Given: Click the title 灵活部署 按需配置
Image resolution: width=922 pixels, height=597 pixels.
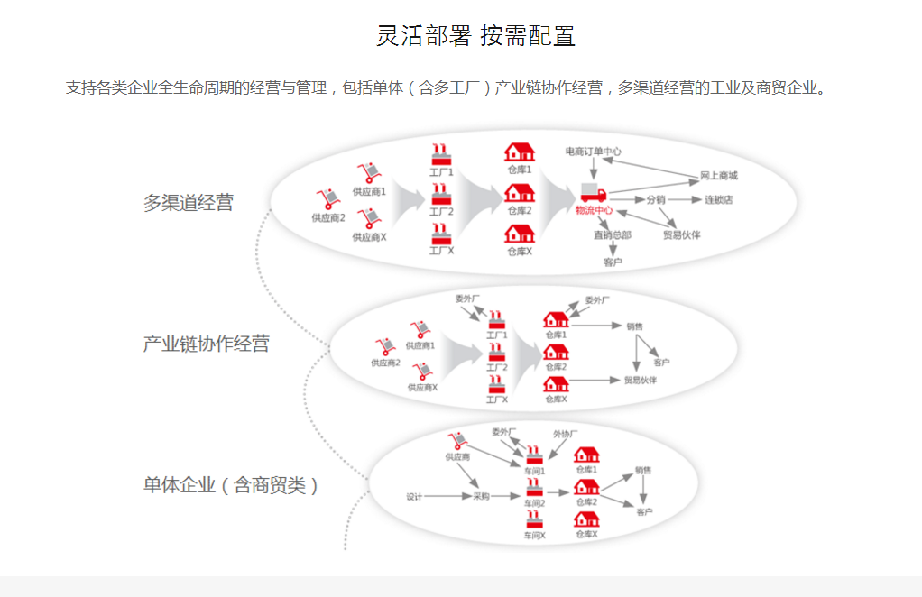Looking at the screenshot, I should tap(475, 36).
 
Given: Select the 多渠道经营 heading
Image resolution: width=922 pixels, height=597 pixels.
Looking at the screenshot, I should tap(188, 203).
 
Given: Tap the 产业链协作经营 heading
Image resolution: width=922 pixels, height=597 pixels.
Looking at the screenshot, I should tap(206, 344).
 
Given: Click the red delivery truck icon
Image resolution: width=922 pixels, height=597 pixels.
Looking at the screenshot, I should tap(593, 192).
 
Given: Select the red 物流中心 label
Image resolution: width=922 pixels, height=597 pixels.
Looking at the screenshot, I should tap(594, 210).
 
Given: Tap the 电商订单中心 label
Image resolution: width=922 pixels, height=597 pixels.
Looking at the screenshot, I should tap(593, 152).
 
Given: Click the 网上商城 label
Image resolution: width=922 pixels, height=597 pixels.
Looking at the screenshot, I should tap(719, 176).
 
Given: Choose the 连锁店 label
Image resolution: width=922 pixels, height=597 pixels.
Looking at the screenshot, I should tap(718, 199).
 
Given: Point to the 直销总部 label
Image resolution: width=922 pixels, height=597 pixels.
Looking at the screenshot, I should tap(612, 235).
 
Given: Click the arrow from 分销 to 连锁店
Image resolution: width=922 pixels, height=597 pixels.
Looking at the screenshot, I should tap(684, 199).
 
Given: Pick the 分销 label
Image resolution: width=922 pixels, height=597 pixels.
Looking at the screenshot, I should tap(656, 199).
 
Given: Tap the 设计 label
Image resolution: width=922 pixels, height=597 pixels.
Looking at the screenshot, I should tap(414, 497).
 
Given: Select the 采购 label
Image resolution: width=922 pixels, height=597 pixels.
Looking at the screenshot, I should tap(481, 497).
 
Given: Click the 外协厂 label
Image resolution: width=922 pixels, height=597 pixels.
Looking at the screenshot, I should tap(565, 434).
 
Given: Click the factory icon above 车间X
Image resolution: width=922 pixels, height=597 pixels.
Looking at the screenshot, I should tap(535, 519).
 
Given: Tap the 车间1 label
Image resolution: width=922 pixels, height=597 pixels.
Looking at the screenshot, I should tap(535, 471).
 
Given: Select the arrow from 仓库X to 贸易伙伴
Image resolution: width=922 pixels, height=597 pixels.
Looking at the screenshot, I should tap(595, 381).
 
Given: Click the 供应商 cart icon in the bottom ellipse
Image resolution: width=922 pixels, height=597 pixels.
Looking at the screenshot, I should tap(457, 440).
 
